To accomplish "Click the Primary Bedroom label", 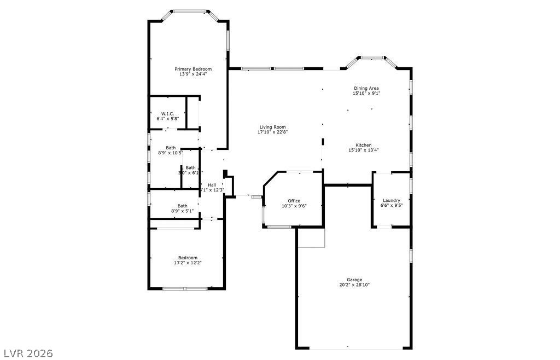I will coord(193,69).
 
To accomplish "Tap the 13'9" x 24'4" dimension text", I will coord(193,74).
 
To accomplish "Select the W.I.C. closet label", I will coord(167,113).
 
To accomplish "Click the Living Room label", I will coord(272,127).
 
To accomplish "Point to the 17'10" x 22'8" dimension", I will coord(272,132).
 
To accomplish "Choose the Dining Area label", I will coord(366,88).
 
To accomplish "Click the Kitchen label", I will coord(364,145).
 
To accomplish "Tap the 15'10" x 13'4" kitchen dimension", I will coord(364,150).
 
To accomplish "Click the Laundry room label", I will coord(392,200).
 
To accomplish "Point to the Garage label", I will coord(354,280).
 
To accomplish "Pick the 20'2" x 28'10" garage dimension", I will coord(354,284).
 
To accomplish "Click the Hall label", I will coord(212,185).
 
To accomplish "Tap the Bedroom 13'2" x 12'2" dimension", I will coord(188,263).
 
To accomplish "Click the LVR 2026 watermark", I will coord(27,353).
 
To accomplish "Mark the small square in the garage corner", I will coord(311,237).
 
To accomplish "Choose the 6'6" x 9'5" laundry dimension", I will coord(392,205).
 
